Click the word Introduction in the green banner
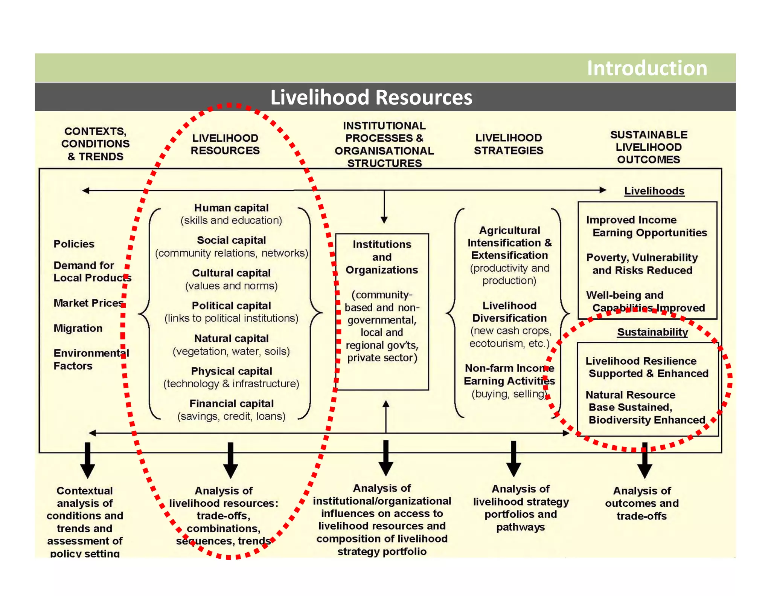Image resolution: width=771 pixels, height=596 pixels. pyautogui.click(x=647, y=68)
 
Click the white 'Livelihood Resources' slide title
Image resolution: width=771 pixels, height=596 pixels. pyautogui.click(x=371, y=97)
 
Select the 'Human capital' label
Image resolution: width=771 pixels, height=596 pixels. pyautogui.click(x=231, y=208)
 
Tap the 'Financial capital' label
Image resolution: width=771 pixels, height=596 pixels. pyautogui.click(x=231, y=403)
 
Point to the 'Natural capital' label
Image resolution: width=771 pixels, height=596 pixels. pyautogui.click(x=231, y=338)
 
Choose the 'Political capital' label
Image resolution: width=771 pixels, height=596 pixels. pyautogui.click(x=231, y=306)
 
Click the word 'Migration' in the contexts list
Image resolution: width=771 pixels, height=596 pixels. pyautogui.click(x=78, y=328)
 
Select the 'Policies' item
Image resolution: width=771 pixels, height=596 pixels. pyautogui.click(x=74, y=244)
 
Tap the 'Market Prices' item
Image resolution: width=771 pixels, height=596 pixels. pyautogui.click(x=88, y=303)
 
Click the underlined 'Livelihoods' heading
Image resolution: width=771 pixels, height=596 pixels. pyautogui.click(x=654, y=191)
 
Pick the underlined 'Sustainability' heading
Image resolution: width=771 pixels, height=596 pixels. pyautogui.click(x=652, y=332)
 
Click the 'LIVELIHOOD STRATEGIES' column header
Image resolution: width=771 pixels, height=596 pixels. pyautogui.click(x=508, y=144)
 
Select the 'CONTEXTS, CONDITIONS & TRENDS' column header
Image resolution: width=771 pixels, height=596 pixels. pyautogui.click(x=96, y=144)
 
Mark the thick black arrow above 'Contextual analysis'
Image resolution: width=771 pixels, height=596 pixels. pyautogui.click(x=87, y=460)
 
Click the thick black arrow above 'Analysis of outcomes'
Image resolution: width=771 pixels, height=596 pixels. pyautogui.click(x=645, y=460)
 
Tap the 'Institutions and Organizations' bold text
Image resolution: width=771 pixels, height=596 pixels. pyautogui.click(x=382, y=257)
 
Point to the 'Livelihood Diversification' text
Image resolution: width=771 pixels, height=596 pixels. pyautogui.click(x=509, y=312)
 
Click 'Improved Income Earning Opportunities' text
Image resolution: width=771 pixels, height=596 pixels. pyautogui.click(x=646, y=226)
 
